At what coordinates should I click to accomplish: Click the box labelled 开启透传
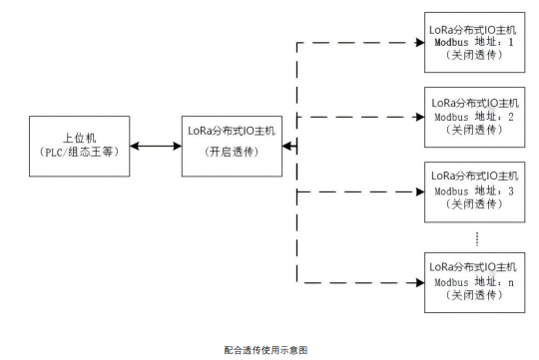point(232,147)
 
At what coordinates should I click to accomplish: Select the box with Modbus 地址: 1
point(474,44)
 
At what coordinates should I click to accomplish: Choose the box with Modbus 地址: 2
point(474,116)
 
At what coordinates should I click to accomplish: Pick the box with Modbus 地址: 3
point(474,189)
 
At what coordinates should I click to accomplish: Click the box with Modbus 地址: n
point(474,282)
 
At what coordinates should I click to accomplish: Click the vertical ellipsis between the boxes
point(478,237)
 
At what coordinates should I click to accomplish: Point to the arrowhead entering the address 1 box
point(418,44)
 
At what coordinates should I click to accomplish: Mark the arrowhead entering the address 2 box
point(418,117)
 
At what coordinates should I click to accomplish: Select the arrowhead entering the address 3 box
point(418,189)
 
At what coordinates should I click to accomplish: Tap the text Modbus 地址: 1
point(474,44)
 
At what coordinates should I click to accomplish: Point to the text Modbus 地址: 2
point(474,117)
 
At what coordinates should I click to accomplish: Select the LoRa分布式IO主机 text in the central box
point(232,132)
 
